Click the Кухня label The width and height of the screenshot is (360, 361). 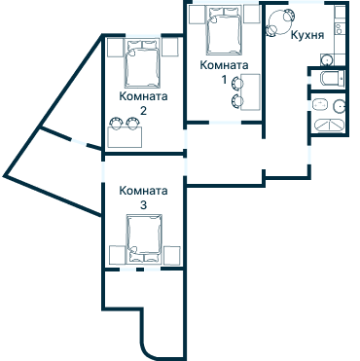(307, 35)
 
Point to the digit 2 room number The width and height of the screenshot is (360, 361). (143, 111)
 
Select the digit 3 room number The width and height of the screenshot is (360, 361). (143, 206)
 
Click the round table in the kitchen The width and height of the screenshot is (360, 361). (283, 18)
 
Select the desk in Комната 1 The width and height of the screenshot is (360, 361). (250, 91)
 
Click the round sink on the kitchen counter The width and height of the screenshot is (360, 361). (340, 21)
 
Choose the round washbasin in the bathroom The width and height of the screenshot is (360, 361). (341, 106)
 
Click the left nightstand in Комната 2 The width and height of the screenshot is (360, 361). (115, 48)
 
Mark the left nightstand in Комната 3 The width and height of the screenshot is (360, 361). (115, 255)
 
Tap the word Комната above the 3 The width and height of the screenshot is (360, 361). (143, 192)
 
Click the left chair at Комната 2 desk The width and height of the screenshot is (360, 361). (115, 123)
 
